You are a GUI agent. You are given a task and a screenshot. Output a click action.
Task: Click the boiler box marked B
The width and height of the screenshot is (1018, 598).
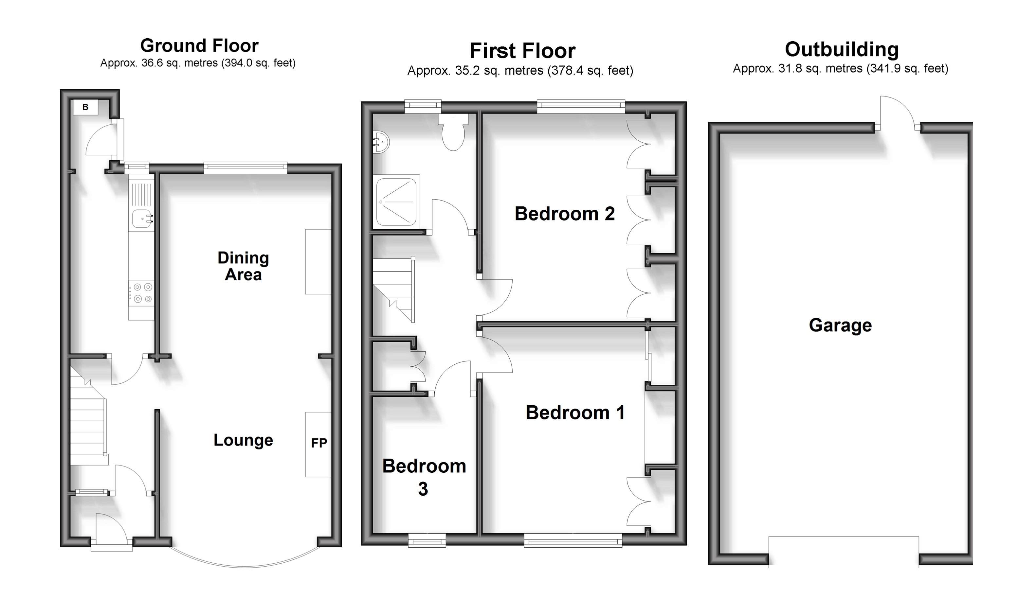coord(85,107)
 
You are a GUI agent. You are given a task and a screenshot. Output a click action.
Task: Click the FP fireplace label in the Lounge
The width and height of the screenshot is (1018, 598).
coord(319,443)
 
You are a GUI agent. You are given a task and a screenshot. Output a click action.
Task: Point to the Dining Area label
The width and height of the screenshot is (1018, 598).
coord(243,266)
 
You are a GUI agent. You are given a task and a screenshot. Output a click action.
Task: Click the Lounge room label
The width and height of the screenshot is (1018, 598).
coord(243,440)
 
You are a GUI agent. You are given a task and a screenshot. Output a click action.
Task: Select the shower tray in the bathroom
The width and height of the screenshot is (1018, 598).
coord(396,202)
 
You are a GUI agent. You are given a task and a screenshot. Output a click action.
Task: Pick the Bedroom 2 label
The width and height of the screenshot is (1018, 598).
coord(564,214)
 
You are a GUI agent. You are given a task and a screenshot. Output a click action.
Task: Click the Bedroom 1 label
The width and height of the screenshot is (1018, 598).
coord(575,413)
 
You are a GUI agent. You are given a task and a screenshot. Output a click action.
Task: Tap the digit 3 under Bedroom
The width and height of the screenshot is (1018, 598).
coord(423,489)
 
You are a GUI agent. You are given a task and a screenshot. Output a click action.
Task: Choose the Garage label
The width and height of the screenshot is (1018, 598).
coord(840,325)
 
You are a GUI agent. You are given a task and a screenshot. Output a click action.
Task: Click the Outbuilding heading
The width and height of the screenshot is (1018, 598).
coord(842,50)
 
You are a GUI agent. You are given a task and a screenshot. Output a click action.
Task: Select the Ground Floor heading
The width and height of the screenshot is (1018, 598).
coord(199,45)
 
